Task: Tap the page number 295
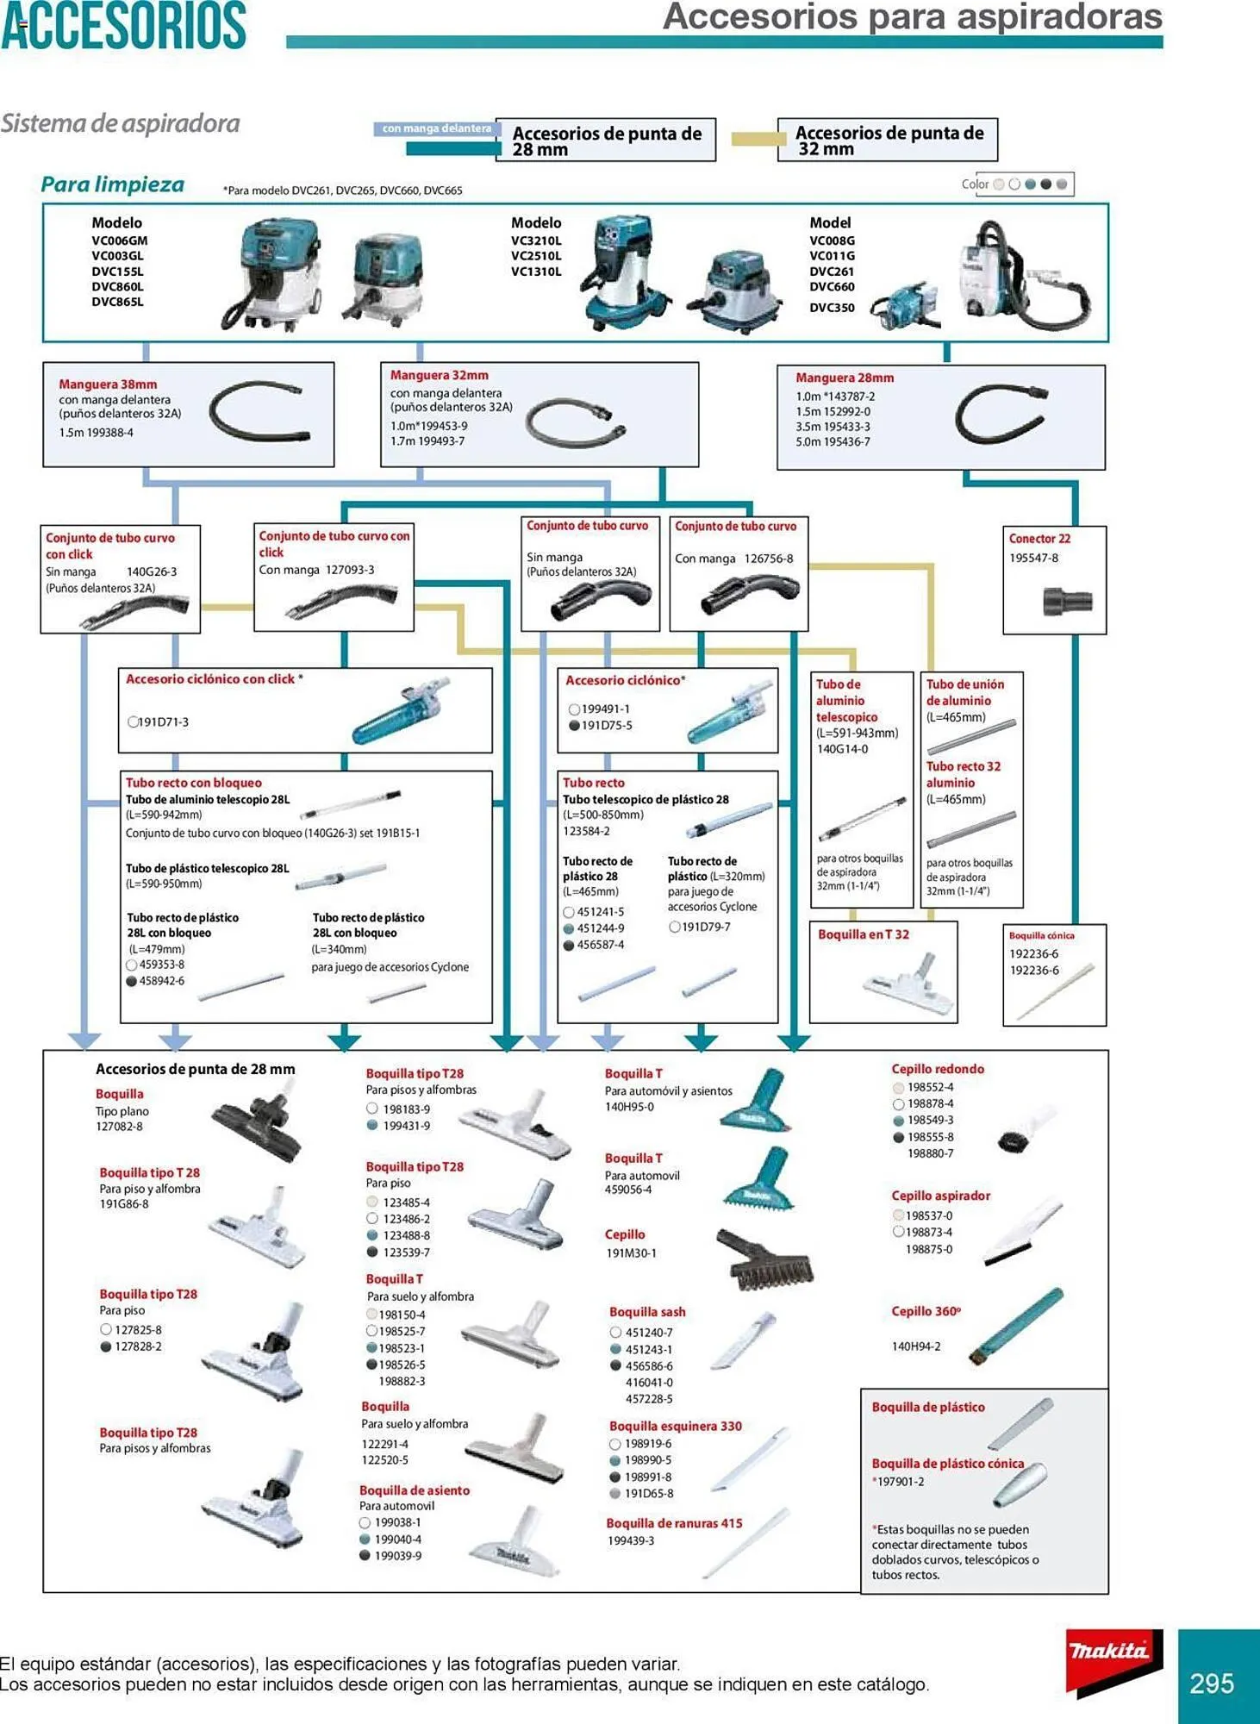click(1211, 1683)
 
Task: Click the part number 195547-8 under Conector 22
click(1033, 559)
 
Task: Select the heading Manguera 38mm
click(108, 384)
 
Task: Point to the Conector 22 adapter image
click(1067, 601)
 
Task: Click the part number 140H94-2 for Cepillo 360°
click(915, 1346)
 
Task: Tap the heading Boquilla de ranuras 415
click(674, 1523)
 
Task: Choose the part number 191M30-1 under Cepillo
click(631, 1253)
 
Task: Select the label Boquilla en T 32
click(863, 934)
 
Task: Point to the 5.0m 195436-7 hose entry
click(833, 442)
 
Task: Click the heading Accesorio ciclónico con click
click(214, 679)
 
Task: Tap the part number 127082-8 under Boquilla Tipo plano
click(119, 1127)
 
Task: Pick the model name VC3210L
click(535, 241)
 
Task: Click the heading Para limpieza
click(112, 184)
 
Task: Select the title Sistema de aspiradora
click(120, 123)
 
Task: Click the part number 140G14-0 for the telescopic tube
click(842, 750)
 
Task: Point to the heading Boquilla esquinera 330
click(675, 1427)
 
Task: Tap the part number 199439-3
click(631, 1540)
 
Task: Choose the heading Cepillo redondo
click(938, 1069)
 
